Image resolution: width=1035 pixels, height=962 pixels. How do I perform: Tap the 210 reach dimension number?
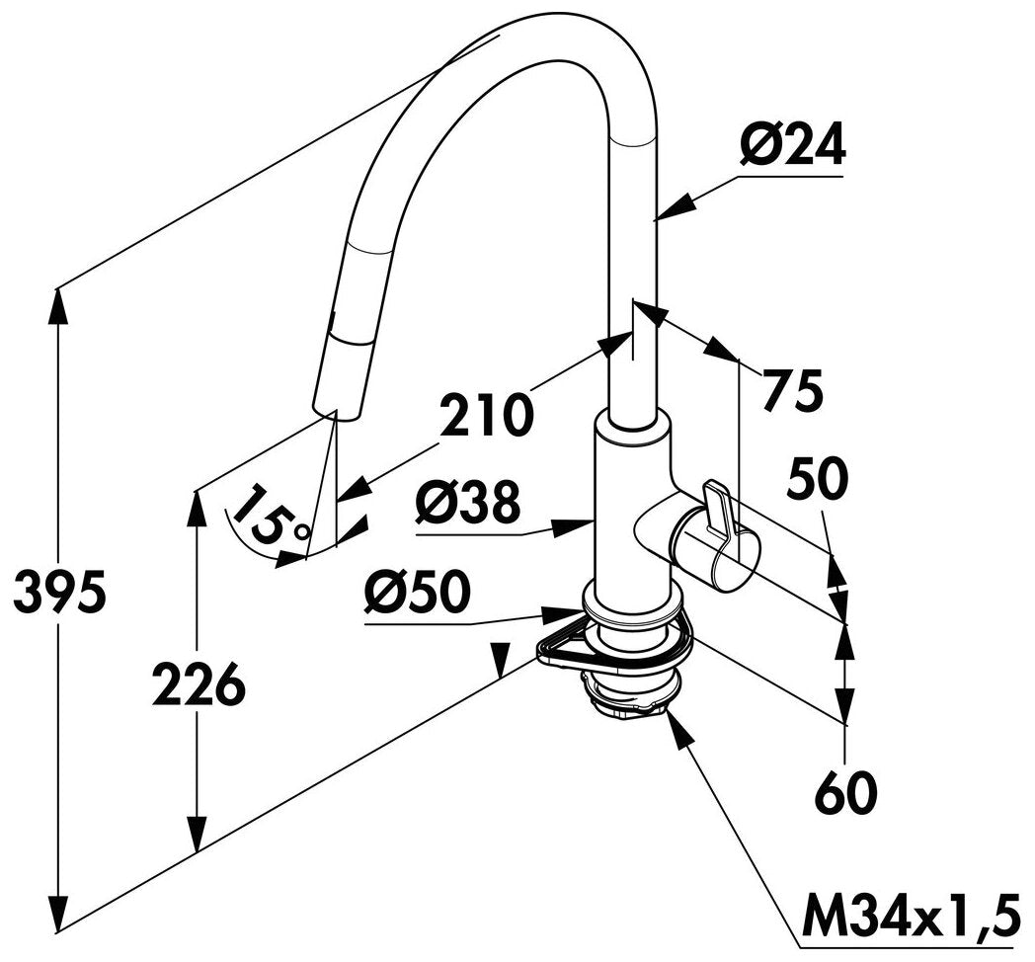click(487, 415)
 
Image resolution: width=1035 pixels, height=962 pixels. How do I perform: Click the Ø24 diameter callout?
click(792, 145)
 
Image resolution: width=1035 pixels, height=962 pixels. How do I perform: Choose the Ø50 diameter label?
click(417, 592)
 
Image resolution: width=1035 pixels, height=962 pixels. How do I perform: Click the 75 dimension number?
click(793, 390)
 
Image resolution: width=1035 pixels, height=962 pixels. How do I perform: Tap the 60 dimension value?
click(847, 793)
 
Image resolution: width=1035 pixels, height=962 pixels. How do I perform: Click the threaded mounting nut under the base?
click(626, 697)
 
